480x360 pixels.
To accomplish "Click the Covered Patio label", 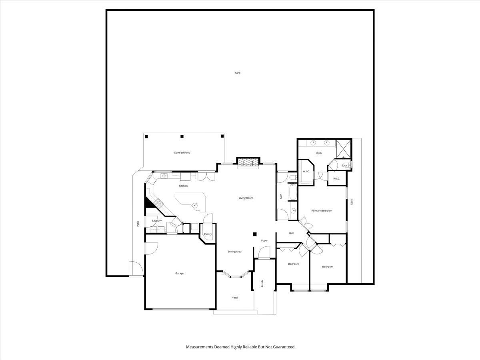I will tap(182, 152).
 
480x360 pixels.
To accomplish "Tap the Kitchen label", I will tap(183, 186).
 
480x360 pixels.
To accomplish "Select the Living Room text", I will tap(246, 198).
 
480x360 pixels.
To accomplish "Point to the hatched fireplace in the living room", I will tap(248, 162).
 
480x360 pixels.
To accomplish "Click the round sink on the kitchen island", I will tap(195, 205).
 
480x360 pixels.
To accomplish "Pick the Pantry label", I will tap(208, 234).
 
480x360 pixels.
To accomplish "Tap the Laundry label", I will tap(157, 220).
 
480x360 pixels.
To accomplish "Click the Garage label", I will tap(180, 273).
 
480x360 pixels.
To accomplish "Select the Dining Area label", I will tap(235, 252).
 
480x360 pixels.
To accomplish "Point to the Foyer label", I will tap(264, 240).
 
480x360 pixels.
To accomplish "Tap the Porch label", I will tap(262, 284).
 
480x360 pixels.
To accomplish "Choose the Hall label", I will tap(291, 233).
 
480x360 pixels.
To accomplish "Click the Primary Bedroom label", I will tap(322, 210).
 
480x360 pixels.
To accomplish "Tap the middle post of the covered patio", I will tap(182, 136).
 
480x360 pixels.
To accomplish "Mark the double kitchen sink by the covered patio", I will tap(164, 175).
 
